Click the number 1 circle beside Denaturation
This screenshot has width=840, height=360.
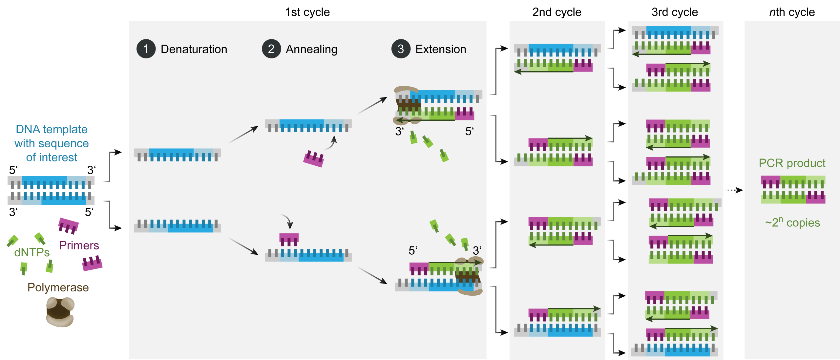tap(146, 49)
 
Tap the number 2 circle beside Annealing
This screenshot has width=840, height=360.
tap(271, 49)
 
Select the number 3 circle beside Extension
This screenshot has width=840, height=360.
tap(401, 49)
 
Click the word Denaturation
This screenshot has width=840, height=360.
tap(194, 49)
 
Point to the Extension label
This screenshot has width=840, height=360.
tap(440, 49)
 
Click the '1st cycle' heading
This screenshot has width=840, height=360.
tap(307, 12)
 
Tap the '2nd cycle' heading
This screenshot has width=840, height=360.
tap(556, 12)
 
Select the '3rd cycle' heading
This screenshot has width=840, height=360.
tap(675, 12)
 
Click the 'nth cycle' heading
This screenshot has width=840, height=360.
tap(792, 12)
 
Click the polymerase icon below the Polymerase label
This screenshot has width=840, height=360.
tap(60, 312)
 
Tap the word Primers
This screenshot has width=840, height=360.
tap(79, 245)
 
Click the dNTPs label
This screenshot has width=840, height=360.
tap(32, 252)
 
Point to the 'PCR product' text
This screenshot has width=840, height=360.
tap(792, 163)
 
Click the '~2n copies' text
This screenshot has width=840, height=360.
tap(792, 222)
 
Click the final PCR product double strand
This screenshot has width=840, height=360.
tap(793, 190)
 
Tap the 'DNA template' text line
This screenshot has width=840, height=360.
tap(52, 129)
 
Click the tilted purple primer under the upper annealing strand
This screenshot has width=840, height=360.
tap(313, 159)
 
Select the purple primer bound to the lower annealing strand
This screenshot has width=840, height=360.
tap(289, 239)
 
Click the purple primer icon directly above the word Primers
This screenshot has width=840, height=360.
tap(68, 226)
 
